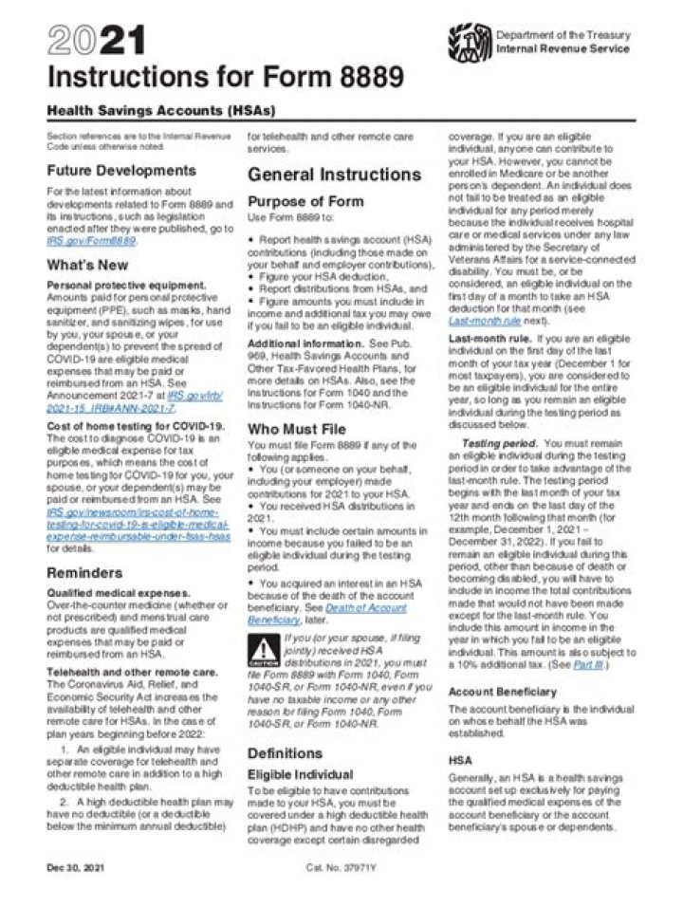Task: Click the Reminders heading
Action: tap(84, 573)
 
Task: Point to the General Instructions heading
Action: tap(334, 175)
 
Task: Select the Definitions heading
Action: tap(285, 753)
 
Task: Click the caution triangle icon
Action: tap(261, 652)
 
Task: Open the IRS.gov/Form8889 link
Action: tap(91, 241)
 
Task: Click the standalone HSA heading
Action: tap(460, 761)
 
